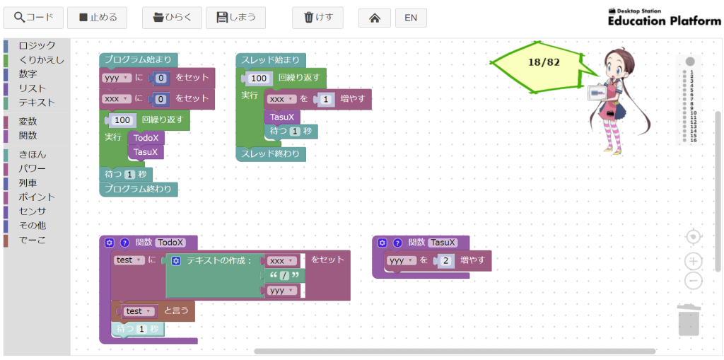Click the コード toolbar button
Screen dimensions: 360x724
(33, 18)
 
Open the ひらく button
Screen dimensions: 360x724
(172, 18)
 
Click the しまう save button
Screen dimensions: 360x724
(235, 18)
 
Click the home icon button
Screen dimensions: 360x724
(375, 18)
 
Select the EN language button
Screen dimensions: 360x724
(411, 18)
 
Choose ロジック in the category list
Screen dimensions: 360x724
(37, 45)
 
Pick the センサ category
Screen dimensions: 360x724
(33, 211)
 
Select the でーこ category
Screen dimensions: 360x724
(33, 240)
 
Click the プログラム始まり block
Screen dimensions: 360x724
(138, 60)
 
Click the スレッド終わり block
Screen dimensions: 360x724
(271, 153)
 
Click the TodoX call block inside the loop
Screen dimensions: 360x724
(146, 138)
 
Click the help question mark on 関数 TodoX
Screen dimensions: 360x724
(125, 243)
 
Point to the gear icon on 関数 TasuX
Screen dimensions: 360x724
(383, 243)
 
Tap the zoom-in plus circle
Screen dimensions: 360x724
(694, 262)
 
